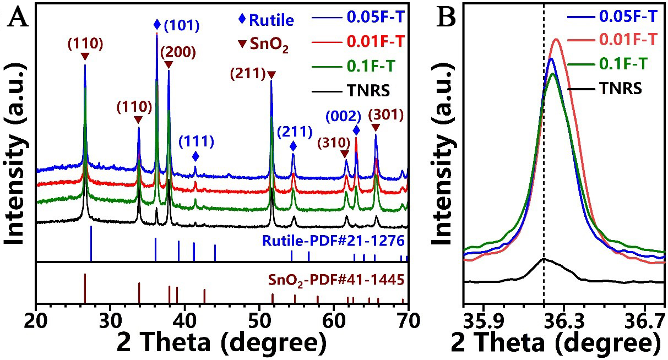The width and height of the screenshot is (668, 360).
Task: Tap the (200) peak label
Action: pos(178,52)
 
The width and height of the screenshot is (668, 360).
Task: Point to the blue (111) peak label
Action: pos(196,141)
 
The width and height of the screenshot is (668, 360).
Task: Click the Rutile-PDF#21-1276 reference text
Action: pos(334,241)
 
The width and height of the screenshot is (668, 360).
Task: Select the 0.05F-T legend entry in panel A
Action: pos(377,17)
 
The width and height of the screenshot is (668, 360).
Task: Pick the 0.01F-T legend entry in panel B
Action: pos(627,40)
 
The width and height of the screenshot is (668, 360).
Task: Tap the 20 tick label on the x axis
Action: pos(36,319)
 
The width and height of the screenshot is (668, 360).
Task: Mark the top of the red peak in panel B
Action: pos(556,39)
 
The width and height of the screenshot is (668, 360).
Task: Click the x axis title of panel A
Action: pos(220,342)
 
